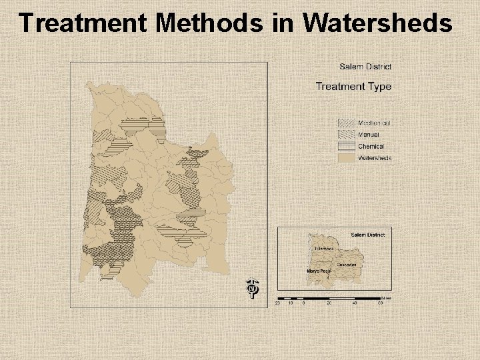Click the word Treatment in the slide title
(84, 23)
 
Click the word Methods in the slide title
(211, 23)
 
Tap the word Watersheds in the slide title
(377, 23)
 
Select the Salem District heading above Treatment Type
(365, 67)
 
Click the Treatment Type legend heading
(353, 86)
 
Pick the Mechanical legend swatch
(346, 123)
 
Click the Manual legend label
(369, 135)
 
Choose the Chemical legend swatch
(346, 147)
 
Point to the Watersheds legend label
(375, 158)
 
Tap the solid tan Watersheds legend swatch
(346, 158)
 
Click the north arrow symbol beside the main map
(252, 288)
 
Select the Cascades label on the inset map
(346, 265)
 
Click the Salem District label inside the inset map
(367, 235)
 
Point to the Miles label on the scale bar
(387, 297)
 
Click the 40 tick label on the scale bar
(355, 303)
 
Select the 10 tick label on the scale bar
(291, 303)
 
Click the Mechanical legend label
(374, 123)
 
